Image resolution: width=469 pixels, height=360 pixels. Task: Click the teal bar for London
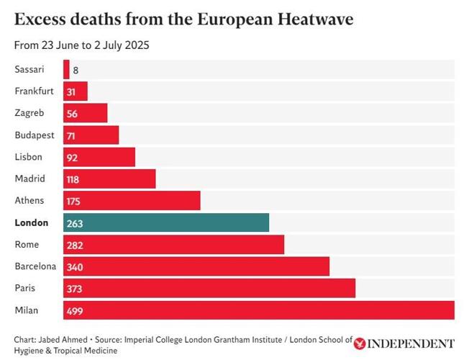(166, 222)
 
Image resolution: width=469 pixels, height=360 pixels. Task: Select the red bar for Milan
(259, 310)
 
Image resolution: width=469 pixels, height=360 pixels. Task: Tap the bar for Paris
(209, 288)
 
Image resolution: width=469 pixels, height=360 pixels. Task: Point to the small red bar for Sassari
(66, 69)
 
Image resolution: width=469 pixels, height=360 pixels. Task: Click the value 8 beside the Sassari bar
(76, 70)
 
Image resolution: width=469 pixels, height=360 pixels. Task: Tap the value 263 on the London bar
(75, 222)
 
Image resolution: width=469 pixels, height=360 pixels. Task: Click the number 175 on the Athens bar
(75, 201)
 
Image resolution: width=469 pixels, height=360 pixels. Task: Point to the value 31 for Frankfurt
(71, 91)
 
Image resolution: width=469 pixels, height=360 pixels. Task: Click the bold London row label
(30, 222)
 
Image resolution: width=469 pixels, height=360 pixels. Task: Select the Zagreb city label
(29, 113)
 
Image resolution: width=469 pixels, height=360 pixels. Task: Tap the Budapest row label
(35, 135)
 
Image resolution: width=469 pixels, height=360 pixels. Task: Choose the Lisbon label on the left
(29, 157)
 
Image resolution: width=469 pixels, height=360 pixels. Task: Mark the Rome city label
(27, 245)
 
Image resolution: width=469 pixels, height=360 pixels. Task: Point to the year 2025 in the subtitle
(137, 45)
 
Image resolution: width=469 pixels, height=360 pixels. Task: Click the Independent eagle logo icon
(360, 344)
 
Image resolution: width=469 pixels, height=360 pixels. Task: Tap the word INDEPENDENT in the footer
(411, 344)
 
